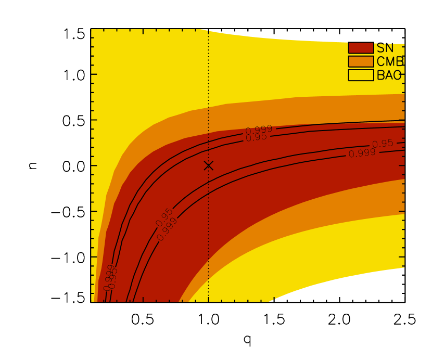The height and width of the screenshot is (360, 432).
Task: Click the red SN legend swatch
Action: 361,48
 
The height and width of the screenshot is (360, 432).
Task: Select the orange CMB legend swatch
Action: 361,61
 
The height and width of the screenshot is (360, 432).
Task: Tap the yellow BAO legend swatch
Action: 361,75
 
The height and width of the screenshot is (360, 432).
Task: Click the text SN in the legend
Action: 385,48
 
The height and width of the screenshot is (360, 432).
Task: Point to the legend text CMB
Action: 390,61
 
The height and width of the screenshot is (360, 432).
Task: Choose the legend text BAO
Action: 389,75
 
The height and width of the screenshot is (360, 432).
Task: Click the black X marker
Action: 208,165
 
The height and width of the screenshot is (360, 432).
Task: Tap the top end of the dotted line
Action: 209,31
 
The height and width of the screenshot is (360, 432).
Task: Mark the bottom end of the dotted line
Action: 209,301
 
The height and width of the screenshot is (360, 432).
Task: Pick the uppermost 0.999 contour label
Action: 259,130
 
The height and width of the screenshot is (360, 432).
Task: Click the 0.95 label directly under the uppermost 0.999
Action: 256,137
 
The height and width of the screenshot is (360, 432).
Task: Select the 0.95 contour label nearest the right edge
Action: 383,144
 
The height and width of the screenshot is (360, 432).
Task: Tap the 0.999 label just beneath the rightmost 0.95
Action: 362,153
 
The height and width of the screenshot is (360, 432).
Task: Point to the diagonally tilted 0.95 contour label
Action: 164,217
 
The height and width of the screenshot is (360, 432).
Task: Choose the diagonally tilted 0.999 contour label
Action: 167,229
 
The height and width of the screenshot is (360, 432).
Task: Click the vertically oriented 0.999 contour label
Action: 109,278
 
